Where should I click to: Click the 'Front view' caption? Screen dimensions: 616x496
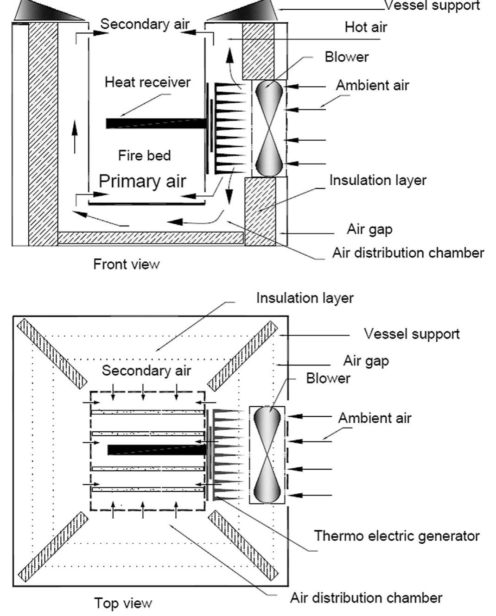pyautogui.click(x=126, y=264)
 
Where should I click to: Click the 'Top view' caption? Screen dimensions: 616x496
pyautogui.click(x=123, y=603)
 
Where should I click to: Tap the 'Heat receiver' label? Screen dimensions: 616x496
pyautogui.click(x=147, y=82)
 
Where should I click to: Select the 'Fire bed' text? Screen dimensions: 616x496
pyautogui.click(x=144, y=155)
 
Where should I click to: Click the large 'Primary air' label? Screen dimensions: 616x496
pyautogui.click(x=142, y=181)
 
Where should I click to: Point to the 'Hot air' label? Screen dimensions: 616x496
pyautogui.click(x=366, y=27)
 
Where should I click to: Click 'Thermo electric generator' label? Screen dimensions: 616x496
pyautogui.click(x=397, y=536)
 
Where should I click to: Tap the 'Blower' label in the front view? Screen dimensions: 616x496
pyautogui.click(x=347, y=57)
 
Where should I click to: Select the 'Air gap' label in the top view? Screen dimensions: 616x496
pyautogui.click(x=366, y=361)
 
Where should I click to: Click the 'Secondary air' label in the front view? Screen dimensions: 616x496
pyautogui.click(x=145, y=24)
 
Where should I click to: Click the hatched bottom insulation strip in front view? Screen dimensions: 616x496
pyautogui.click(x=151, y=238)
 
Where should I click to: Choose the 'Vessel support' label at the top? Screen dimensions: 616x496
pyautogui.click(x=432, y=6)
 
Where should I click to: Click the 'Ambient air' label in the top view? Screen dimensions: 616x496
pyautogui.click(x=375, y=418)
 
